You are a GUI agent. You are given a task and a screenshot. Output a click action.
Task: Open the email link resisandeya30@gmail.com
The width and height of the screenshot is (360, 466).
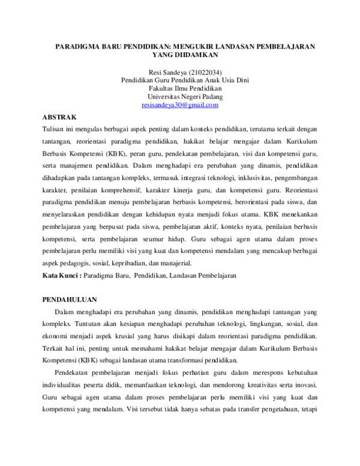point(180,104)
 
